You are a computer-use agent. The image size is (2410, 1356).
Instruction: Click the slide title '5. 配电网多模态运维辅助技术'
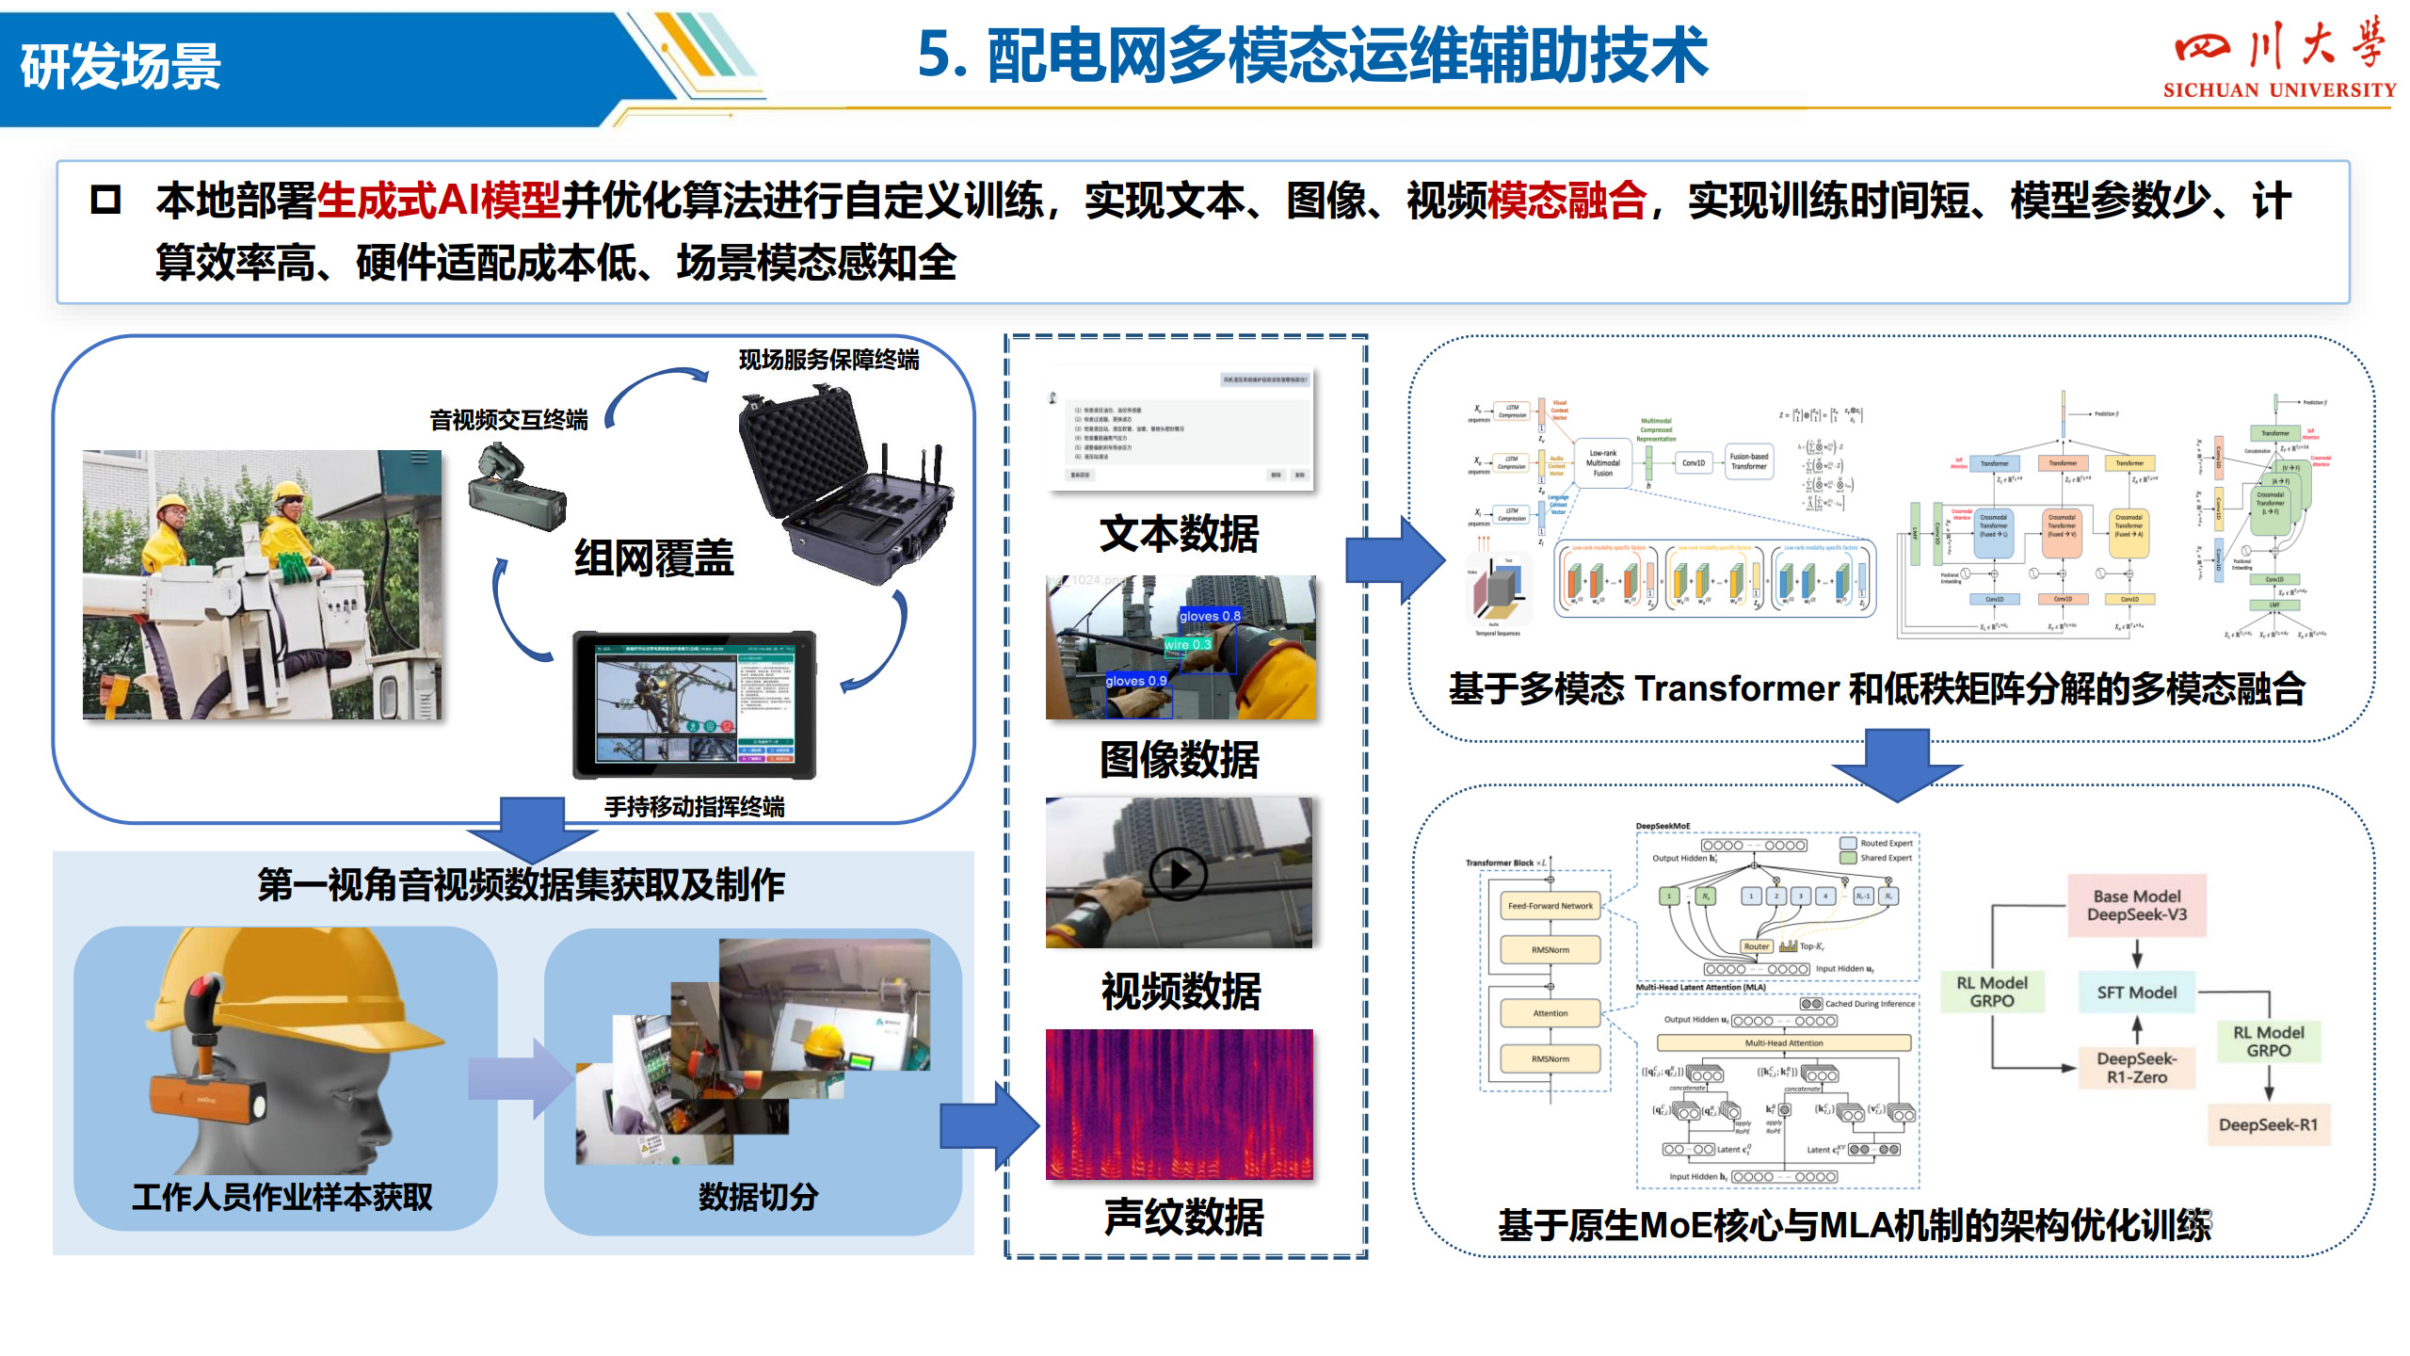[1312, 55]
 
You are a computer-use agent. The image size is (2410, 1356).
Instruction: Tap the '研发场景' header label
[120, 66]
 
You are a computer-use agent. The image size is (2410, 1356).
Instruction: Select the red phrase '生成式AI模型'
[439, 201]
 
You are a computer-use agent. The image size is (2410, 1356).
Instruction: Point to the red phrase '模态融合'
[1566, 201]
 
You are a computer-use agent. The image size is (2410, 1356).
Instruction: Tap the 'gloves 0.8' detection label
[1210, 616]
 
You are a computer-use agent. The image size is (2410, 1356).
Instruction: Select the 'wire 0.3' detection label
[1187, 645]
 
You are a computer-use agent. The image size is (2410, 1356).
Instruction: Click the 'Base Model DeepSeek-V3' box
[2136, 905]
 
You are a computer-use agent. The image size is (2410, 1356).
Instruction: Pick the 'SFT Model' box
[2136, 993]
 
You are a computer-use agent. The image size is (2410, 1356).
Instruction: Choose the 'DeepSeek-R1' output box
[2268, 1124]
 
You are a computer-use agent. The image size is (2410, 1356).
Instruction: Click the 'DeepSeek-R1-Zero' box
[2136, 1068]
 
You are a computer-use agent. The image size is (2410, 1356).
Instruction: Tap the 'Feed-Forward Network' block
[1550, 906]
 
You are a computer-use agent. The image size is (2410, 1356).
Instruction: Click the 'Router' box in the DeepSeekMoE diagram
[1756, 946]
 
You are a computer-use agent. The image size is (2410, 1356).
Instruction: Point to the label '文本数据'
[1179, 534]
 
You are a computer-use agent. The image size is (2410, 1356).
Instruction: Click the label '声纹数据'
[1183, 1217]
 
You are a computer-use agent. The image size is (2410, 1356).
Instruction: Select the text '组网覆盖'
[654, 557]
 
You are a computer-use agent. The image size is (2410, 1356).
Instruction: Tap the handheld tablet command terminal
[695, 704]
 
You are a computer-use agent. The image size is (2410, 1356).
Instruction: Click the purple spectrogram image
[1179, 1104]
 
